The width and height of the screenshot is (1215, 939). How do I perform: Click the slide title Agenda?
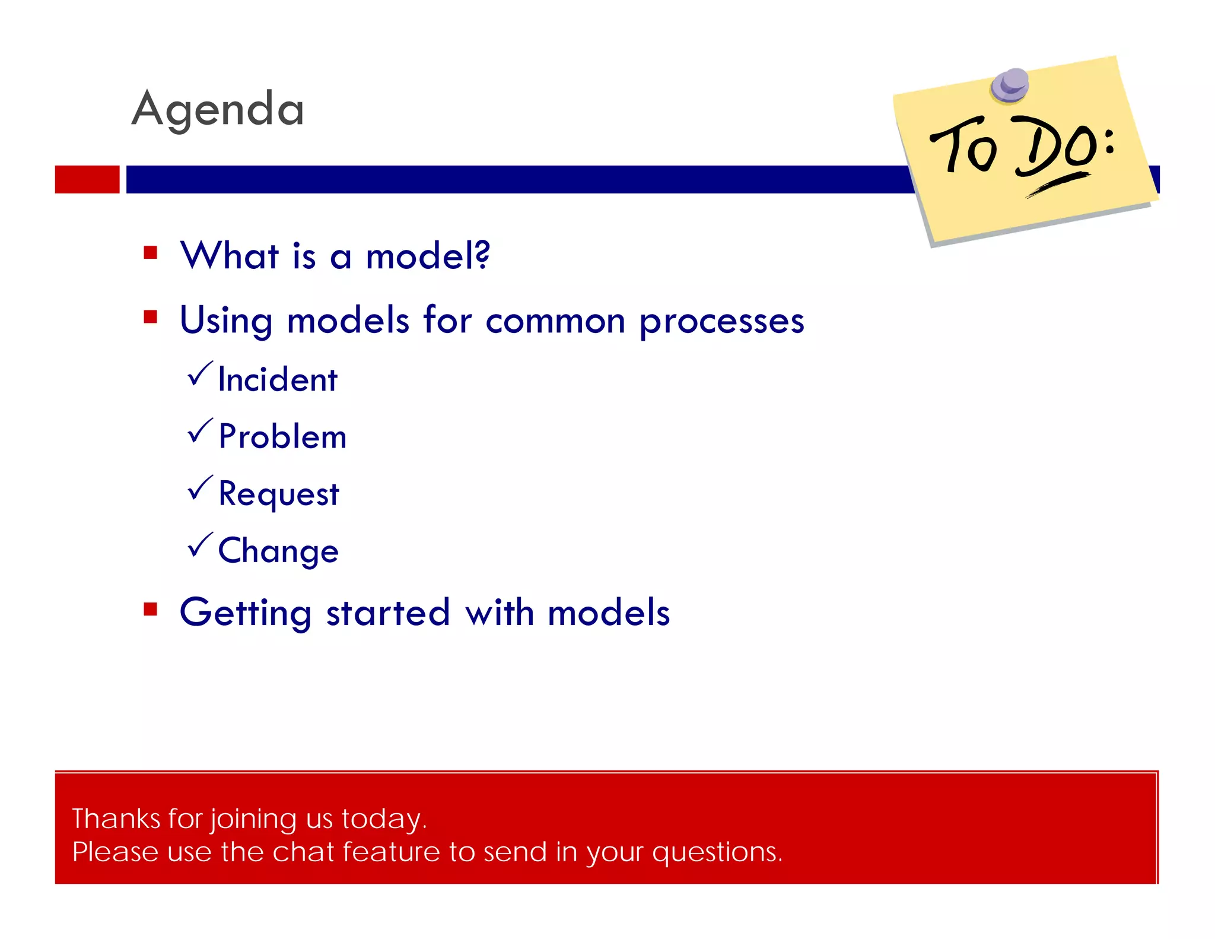click(x=217, y=110)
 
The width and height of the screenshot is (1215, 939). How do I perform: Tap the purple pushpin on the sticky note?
click(x=1010, y=85)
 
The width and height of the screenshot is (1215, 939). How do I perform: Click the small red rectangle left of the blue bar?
click(x=87, y=179)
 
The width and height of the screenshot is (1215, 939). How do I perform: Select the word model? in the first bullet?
click(x=428, y=256)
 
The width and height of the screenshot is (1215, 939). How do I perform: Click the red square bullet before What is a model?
click(x=151, y=253)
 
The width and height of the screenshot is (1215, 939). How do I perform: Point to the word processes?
click(x=721, y=322)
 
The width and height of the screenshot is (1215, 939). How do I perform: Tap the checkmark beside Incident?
click(x=199, y=374)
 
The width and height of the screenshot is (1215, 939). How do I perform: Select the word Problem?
click(x=282, y=437)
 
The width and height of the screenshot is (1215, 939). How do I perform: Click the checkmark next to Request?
click(x=199, y=488)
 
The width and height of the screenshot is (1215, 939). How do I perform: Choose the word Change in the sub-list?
click(x=278, y=551)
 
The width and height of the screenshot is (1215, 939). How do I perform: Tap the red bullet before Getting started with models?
click(x=151, y=610)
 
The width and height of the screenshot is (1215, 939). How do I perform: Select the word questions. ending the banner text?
click(x=717, y=853)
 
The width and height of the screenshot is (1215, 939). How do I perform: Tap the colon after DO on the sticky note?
click(x=1109, y=142)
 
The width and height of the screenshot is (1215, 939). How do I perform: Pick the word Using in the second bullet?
click(x=226, y=322)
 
